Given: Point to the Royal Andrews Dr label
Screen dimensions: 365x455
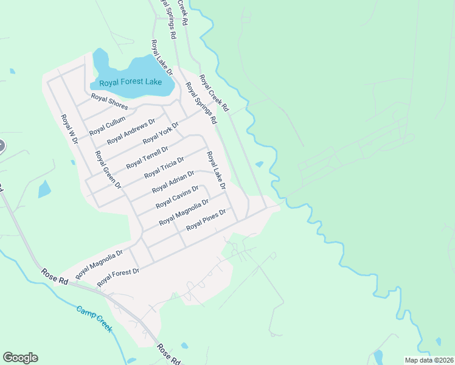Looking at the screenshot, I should pyautogui.click(x=131, y=131).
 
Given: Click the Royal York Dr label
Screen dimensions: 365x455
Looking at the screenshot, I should pyautogui.click(x=160, y=133).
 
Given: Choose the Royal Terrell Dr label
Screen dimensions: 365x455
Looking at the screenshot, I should pyautogui.click(x=147, y=157).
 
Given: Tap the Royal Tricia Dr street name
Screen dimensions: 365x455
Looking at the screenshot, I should pyautogui.click(x=164, y=167).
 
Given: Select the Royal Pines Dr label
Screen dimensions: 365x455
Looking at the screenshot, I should pyautogui.click(x=206, y=219).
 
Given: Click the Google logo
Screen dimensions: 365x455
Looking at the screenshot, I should pyautogui.click(x=20, y=358).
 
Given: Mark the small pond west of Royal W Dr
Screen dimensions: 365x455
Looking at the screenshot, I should pyautogui.click(x=44, y=189).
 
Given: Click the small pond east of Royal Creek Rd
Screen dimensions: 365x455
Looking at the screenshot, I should pyautogui.click(x=260, y=164).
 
